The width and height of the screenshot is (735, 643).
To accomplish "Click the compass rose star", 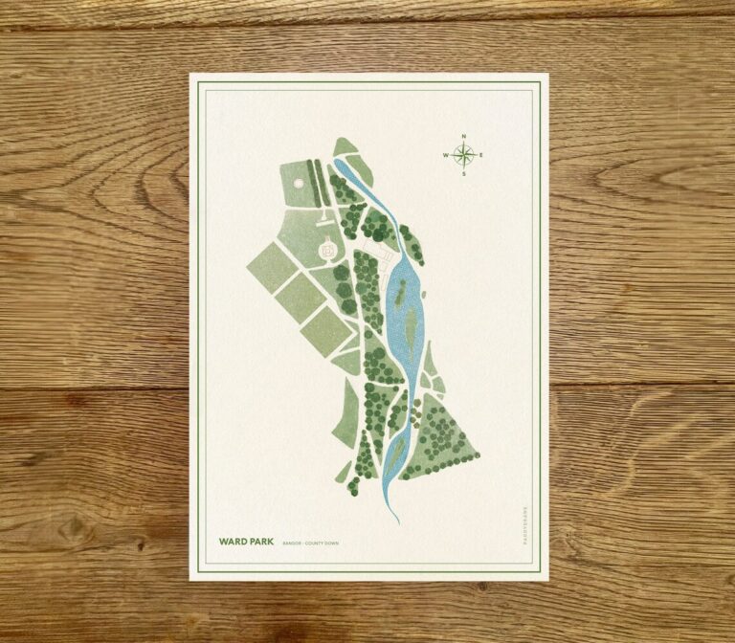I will click(x=462, y=154).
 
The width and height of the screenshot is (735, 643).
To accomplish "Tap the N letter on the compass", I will click(x=462, y=136).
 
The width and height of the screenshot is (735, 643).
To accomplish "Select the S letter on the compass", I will click(x=462, y=174).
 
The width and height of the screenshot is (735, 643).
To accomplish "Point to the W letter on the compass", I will click(x=445, y=155).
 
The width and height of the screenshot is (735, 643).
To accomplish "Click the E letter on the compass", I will click(x=480, y=155).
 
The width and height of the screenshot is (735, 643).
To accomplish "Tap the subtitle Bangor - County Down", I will click(x=310, y=543).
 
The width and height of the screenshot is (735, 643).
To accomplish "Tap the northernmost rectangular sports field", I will click(x=272, y=266).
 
